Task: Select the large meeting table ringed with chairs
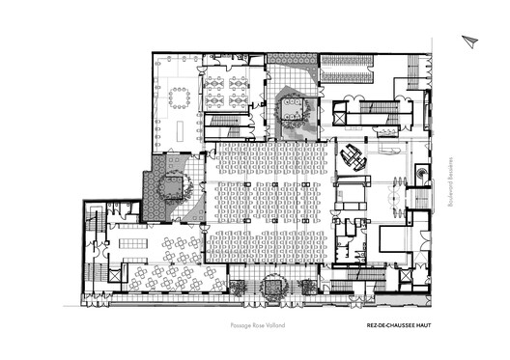pos(180,97)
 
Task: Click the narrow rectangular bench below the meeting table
pos(179,125)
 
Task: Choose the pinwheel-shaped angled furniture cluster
pos(351,157)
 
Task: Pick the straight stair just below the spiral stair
pos(423,197)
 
